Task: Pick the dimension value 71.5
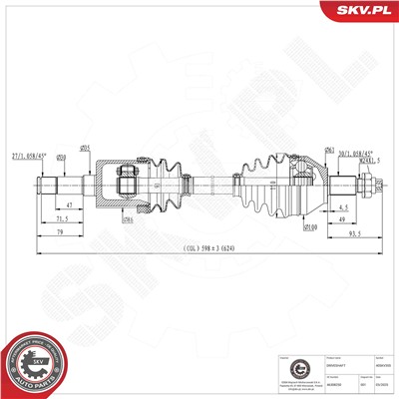tap(63, 217)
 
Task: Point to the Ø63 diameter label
tap(301, 149)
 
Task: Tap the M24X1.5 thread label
tap(345, 163)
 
